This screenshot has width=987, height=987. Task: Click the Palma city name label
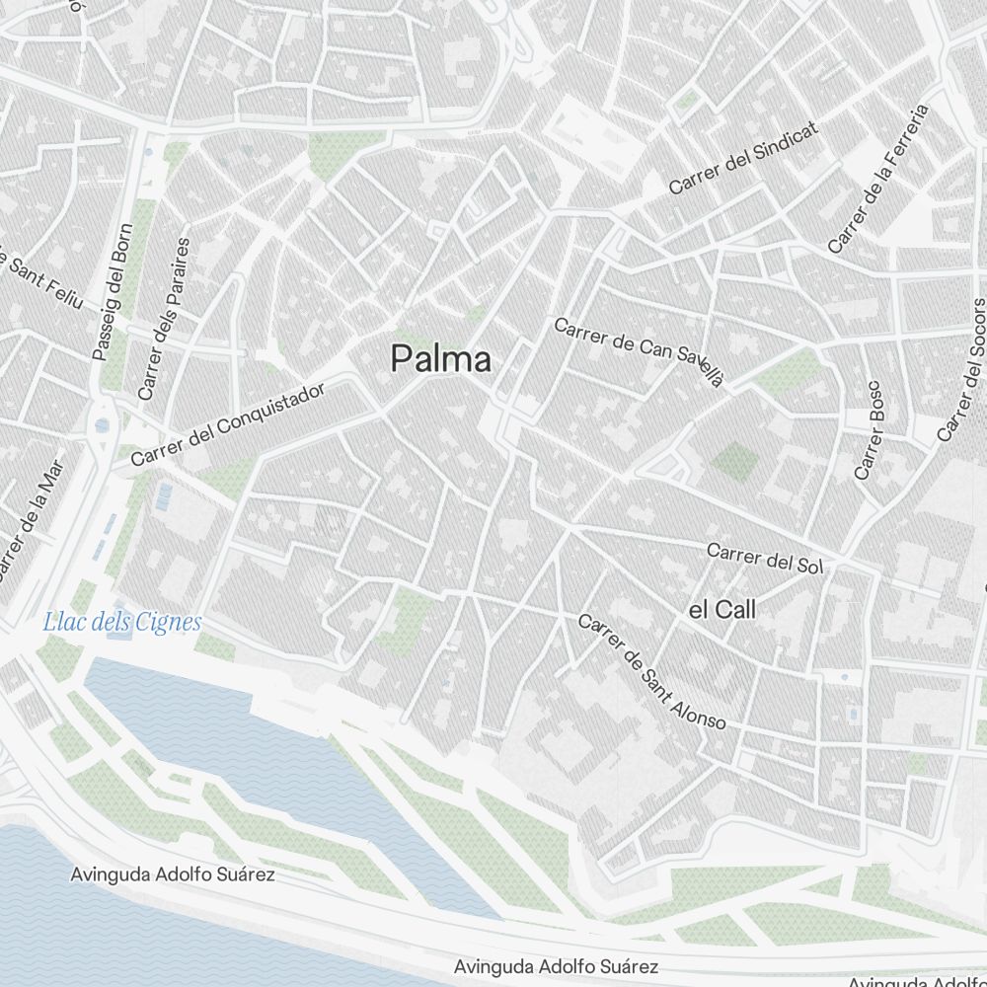pos(440,359)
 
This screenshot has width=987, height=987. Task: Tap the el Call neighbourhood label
pos(721,610)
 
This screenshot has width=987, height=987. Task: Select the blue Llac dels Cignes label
pos(122,622)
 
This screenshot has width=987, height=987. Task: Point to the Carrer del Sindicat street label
pos(744,160)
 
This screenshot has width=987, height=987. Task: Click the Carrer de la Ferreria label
pos(879,179)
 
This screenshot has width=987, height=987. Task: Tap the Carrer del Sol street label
pos(765,559)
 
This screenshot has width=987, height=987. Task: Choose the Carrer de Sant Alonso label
pos(652,672)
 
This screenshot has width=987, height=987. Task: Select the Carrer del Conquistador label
pos(228,425)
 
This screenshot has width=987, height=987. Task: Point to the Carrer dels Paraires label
pos(163,318)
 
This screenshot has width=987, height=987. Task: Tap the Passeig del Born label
pos(111,298)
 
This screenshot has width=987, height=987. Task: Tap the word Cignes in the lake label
pos(169,622)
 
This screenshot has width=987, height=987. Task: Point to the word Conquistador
pos(263,411)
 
